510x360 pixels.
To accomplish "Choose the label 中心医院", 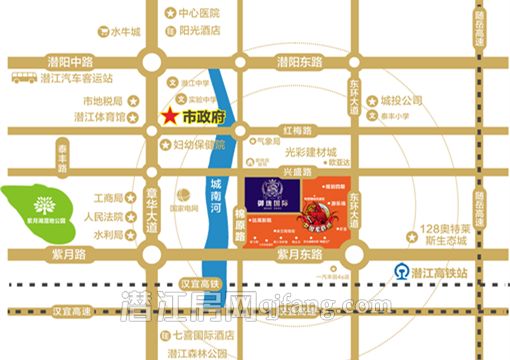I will tap(198, 14).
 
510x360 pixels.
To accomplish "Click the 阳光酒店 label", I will tap(198, 30).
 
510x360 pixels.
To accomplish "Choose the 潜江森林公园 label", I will tap(200, 353).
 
